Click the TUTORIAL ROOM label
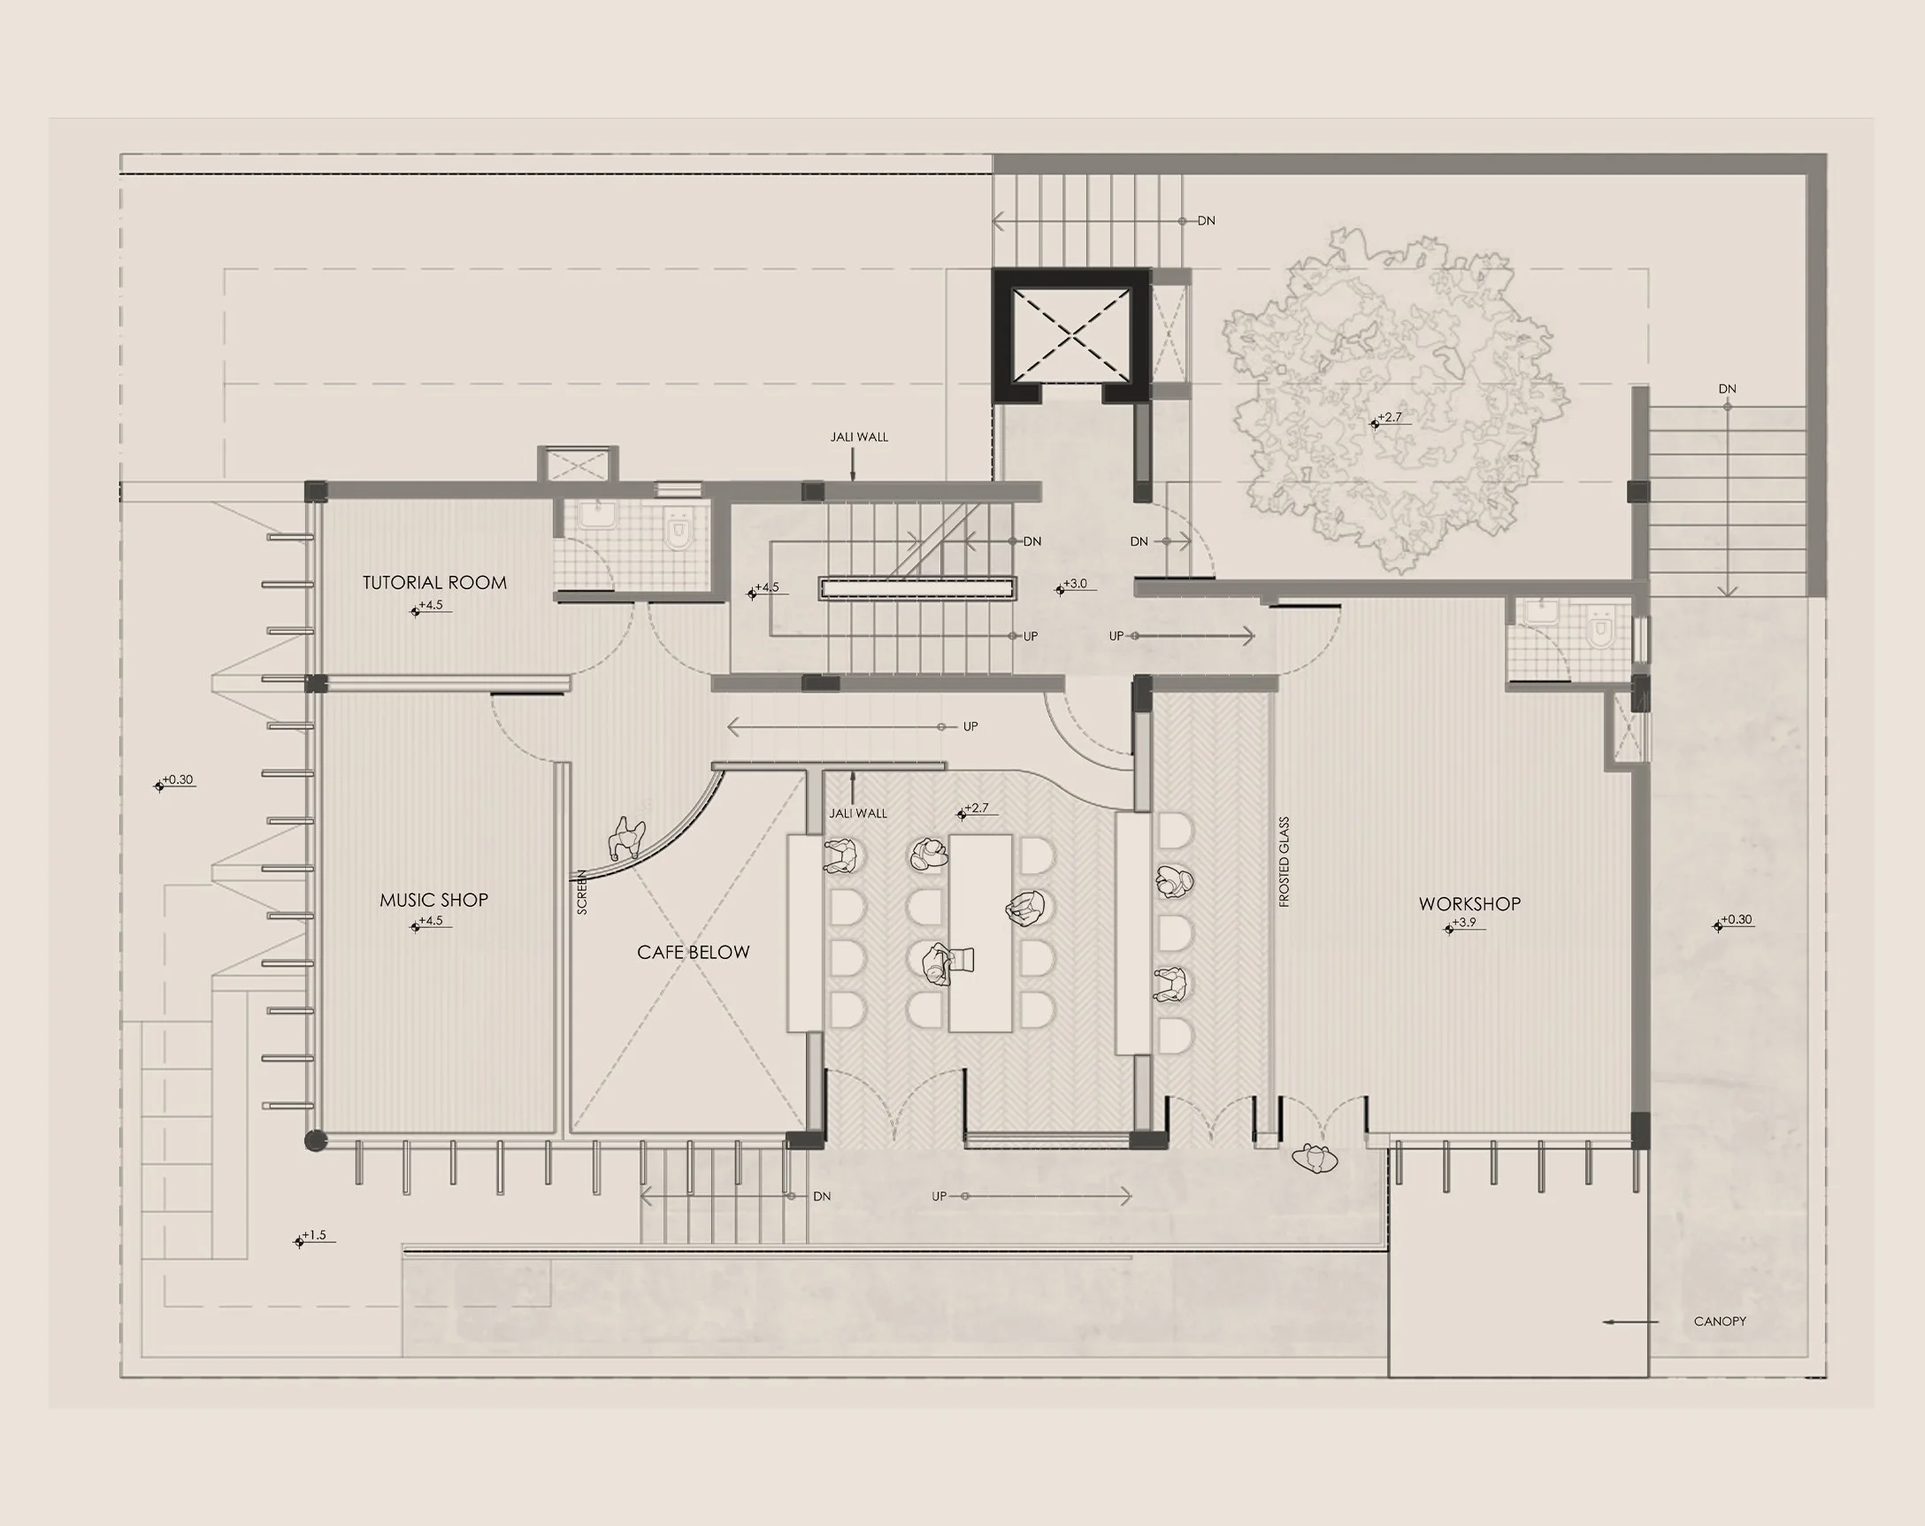tap(435, 583)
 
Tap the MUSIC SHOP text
tap(434, 900)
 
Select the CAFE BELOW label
tap(694, 953)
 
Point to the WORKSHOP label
tap(1469, 903)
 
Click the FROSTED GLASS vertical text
tap(1285, 862)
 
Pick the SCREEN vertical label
tap(582, 892)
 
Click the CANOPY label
tap(1720, 1322)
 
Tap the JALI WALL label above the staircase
tap(859, 438)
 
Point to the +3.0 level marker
tap(1075, 586)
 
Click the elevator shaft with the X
tap(1071, 334)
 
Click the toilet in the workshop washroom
tap(1602, 629)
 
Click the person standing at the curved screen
tap(627, 840)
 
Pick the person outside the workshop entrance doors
tap(1315, 1159)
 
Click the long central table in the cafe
tap(980, 933)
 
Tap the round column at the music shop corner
tap(315, 1140)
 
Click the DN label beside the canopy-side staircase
tap(1727, 389)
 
